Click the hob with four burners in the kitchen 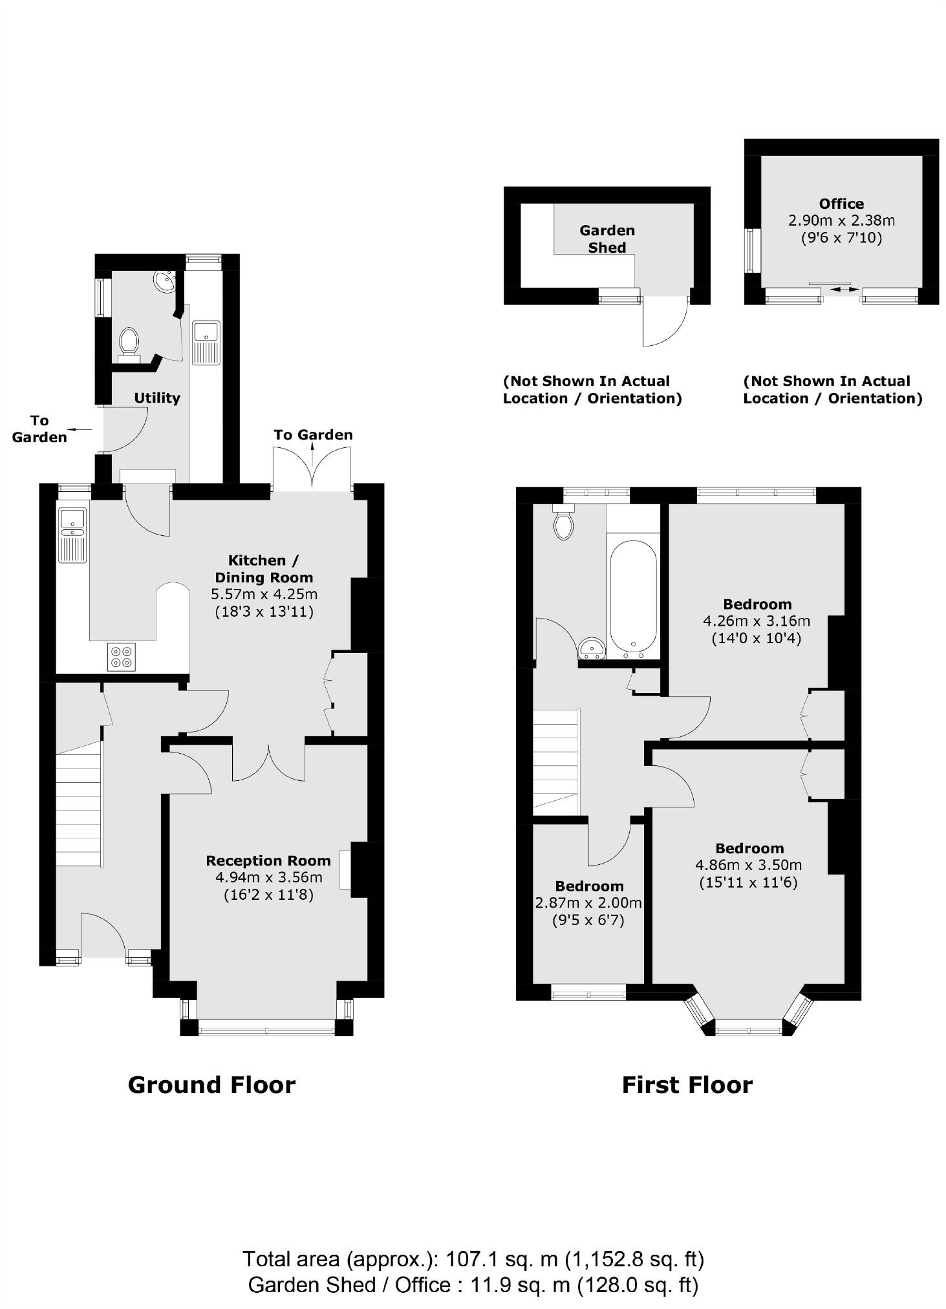tap(122, 657)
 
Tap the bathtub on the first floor tap(633, 595)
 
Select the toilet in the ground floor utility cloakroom tap(129, 343)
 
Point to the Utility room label tap(156, 398)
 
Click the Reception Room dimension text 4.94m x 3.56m tap(268, 878)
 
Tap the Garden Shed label tap(607, 239)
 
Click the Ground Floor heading tap(211, 1085)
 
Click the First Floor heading tap(687, 1085)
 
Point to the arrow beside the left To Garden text tap(81, 429)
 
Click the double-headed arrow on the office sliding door tap(841, 289)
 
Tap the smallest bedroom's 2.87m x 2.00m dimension tap(588, 903)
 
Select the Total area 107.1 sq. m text tap(473, 1259)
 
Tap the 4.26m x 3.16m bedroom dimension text tap(756, 621)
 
